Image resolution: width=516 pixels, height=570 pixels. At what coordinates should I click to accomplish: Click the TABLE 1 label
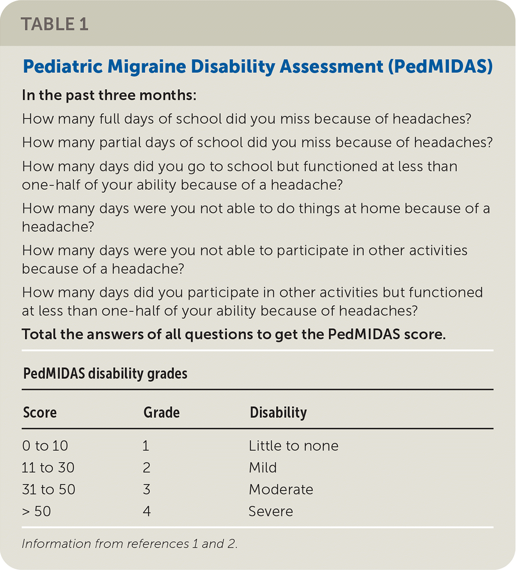[54, 24]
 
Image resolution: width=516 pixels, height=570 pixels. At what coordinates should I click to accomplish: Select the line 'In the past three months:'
[109, 95]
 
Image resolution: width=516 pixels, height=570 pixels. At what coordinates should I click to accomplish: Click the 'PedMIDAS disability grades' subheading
[105, 374]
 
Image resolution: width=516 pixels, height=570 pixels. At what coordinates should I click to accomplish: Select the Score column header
[39, 412]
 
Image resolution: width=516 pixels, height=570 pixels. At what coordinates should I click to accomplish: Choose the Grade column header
[161, 412]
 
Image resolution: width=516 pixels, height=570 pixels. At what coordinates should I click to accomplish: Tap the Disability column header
[278, 412]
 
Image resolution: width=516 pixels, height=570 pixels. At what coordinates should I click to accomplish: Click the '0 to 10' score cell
[45, 446]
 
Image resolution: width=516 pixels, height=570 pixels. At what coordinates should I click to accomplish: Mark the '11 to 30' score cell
[48, 468]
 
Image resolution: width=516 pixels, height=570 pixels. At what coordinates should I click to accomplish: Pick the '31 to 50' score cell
[48, 489]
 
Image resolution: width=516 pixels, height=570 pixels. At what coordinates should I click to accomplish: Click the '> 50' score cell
[36, 511]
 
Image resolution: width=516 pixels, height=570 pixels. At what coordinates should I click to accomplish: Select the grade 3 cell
[147, 489]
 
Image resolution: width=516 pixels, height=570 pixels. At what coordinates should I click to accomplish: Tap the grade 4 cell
[147, 511]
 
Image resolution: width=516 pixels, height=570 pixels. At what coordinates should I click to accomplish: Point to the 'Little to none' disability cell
[294, 446]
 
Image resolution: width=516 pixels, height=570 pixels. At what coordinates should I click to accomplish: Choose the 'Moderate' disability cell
[281, 489]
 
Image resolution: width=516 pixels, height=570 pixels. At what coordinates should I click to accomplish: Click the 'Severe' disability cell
[270, 511]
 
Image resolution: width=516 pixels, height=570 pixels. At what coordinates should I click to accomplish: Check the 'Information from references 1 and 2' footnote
[129, 544]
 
